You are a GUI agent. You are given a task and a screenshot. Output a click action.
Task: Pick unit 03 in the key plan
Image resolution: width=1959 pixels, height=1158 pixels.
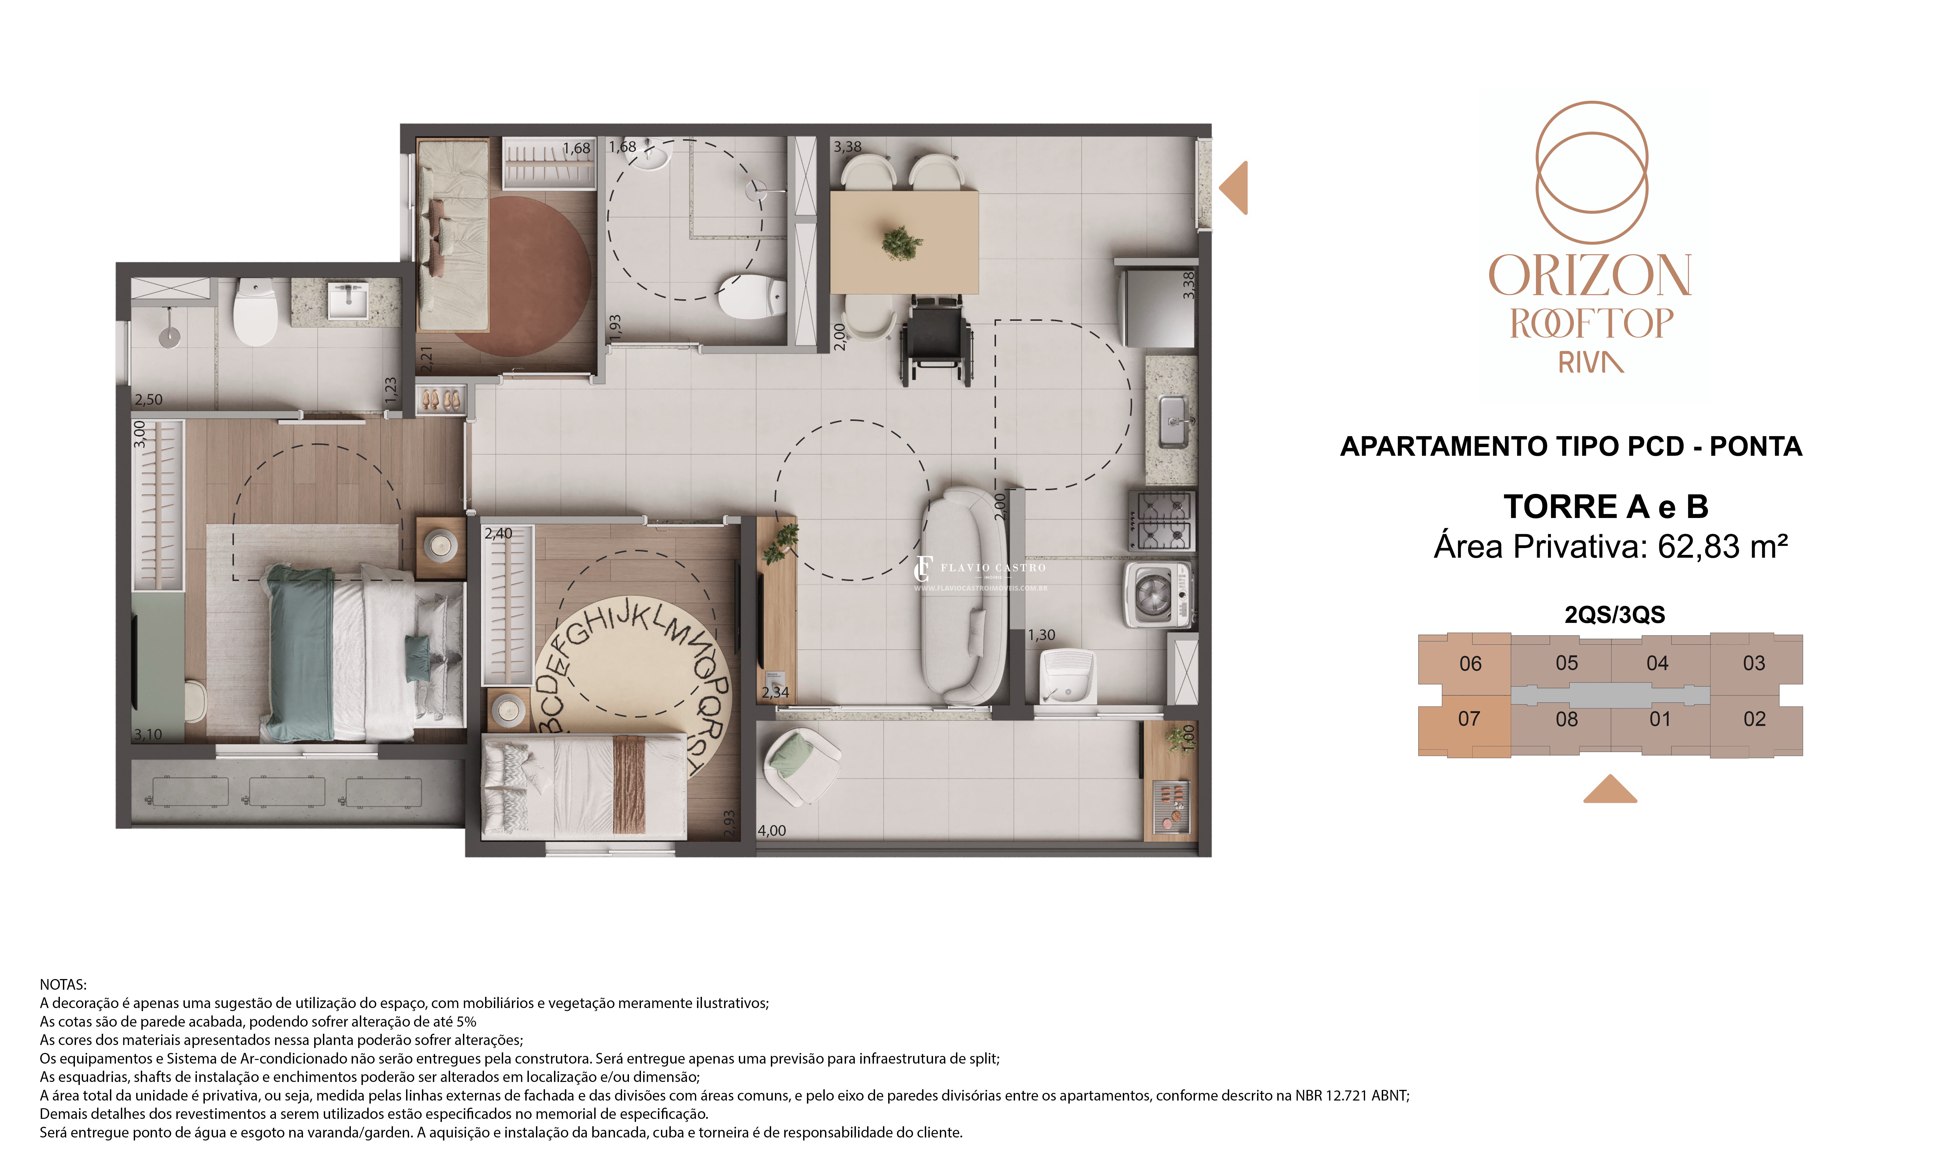[x=1754, y=663]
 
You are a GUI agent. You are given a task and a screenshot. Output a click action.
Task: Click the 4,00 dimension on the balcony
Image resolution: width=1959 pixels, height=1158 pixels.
[x=772, y=831]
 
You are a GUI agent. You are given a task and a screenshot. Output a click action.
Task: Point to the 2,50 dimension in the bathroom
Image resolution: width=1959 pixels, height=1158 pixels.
[x=148, y=399]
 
